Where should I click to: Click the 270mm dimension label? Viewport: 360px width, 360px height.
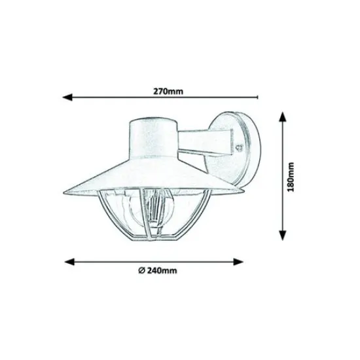168,92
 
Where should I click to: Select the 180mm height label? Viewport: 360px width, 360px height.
291,177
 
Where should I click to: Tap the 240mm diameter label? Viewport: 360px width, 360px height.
162,271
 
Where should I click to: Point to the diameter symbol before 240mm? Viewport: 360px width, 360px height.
141,271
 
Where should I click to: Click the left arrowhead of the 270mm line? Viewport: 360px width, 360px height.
67,97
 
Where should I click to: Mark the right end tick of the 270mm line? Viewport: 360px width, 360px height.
258,97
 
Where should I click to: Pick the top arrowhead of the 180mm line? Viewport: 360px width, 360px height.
283,117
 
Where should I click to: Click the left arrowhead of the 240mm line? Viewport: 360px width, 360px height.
69,262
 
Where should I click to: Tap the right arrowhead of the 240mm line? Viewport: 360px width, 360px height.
238,262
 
